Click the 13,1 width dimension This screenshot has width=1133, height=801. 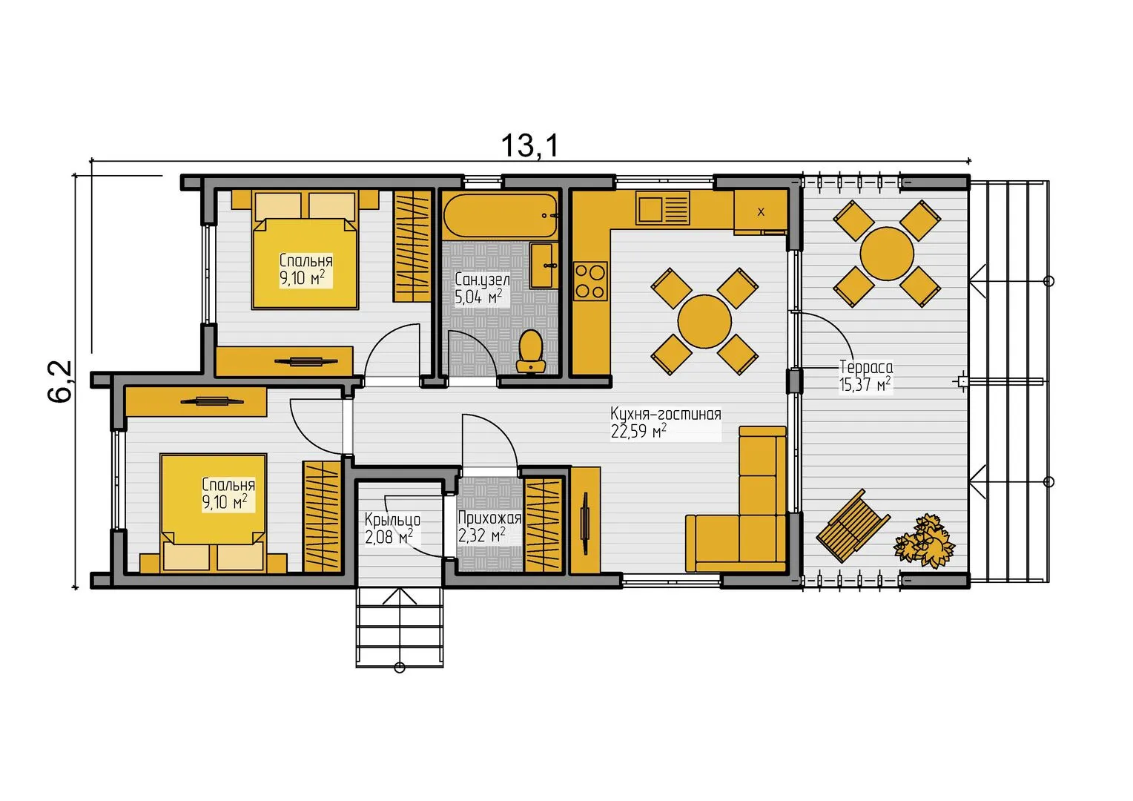(x=529, y=145)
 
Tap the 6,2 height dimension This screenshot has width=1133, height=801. (x=61, y=381)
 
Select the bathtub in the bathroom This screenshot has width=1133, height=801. (x=501, y=215)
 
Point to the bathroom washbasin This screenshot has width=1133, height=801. (x=544, y=265)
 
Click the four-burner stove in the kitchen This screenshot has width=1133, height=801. (x=590, y=281)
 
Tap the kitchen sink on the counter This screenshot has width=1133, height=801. (x=663, y=207)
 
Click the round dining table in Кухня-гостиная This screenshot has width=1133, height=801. (x=704, y=321)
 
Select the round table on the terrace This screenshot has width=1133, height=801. (x=887, y=253)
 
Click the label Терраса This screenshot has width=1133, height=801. (x=866, y=366)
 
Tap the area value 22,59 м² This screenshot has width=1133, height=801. (x=638, y=431)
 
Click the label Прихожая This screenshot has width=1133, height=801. (x=489, y=518)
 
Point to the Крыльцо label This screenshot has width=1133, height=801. (x=392, y=520)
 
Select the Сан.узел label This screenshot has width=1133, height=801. (x=482, y=280)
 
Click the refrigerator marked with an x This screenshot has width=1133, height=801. (x=760, y=212)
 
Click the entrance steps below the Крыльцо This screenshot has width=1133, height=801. (x=400, y=627)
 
